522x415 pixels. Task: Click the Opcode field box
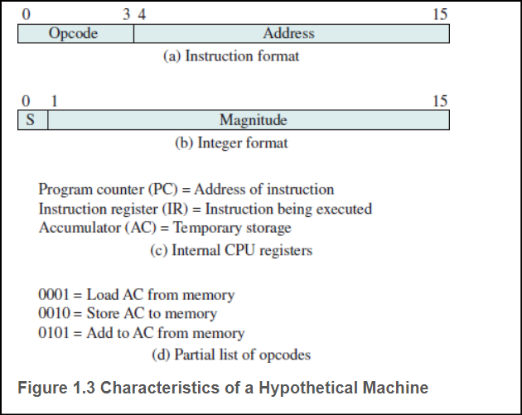[75, 34]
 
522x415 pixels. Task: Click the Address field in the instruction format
[290, 34]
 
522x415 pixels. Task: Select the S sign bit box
[31, 120]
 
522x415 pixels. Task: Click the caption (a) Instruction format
[230, 56]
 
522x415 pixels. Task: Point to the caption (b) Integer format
[231, 142]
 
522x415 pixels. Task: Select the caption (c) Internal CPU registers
[230, 249]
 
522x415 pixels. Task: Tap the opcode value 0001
[55, 294]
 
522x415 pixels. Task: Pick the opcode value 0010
[55, 314]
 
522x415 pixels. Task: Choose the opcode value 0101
[55, 334]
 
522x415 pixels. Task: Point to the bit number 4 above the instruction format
[142, 14]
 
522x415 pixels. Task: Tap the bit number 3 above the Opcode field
[126, 14]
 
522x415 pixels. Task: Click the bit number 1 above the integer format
[54, 100]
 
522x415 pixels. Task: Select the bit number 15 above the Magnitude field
[440, 100]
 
